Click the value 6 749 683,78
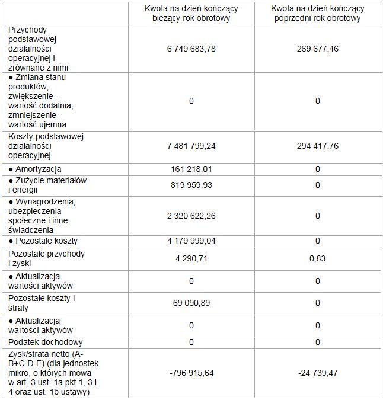191,49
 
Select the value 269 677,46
317,49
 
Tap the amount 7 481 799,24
191,146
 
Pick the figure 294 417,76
317,146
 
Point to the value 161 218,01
191,169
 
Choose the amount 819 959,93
191,185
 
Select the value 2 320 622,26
191,216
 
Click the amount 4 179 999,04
191,241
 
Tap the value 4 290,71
191,258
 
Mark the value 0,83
317,258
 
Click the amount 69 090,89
191,303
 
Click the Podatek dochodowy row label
46,342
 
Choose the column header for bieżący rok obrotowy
191,14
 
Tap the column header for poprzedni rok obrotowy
317,14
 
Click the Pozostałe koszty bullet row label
43,241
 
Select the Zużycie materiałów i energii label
47,185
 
